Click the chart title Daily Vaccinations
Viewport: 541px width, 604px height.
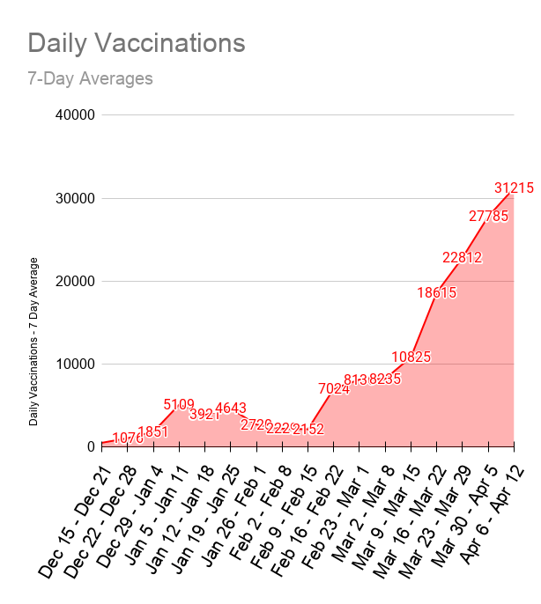coord(136,42)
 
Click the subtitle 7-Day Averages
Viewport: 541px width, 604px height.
coord(90,78)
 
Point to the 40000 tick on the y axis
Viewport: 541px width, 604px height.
coord(74,115)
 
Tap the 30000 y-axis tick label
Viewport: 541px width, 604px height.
coord(74,198)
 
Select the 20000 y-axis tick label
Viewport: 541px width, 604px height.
coord(74,281)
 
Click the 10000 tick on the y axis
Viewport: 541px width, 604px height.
coord(74,364)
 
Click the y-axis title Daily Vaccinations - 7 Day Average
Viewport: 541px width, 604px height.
coord(33,342)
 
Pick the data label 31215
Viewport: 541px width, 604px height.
coord(514,188)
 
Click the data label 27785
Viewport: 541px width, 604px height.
coord(488,216)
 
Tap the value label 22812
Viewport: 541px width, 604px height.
coord(463,257)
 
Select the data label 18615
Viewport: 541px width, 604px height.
coord(437,292)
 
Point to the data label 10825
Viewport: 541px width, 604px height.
coord(411,357)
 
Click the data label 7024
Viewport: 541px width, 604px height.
coord(334,388)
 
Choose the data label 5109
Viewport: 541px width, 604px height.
coord(179,404)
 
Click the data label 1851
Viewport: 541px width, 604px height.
coord(153,431)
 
